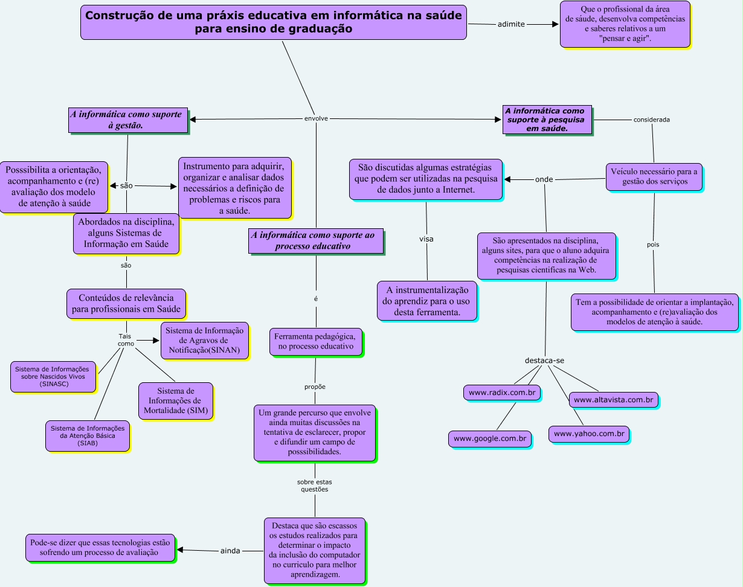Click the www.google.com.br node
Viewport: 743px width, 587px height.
coord(490,438)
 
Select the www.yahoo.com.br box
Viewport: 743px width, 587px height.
coord(589,434)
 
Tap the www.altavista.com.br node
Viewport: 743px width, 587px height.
coord(614,400)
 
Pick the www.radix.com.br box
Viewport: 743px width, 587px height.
coord(503,393)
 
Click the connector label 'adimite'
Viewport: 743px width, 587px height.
coord(511,24)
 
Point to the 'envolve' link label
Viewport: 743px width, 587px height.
coord(316,119)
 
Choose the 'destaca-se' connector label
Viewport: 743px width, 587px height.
coord(544,361)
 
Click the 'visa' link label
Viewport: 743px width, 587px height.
coord(426,239)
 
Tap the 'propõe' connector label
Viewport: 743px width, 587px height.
coord(315,387)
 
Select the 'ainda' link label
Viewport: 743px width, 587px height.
coord(230,550)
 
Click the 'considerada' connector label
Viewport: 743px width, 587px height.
coord(651,120)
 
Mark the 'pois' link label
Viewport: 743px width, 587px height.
coord(653,245)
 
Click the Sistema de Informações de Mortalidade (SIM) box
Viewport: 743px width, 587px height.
coord(175,401)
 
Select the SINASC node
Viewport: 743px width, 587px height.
coord(53,376)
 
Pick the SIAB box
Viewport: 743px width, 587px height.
coord(87,435)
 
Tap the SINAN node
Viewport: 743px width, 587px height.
coord(205,340)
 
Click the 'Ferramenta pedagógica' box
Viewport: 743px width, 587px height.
coord(316,341)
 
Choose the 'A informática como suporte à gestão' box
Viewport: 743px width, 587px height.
coord(127,120)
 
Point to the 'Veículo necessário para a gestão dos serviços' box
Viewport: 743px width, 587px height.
coord(654,176)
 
